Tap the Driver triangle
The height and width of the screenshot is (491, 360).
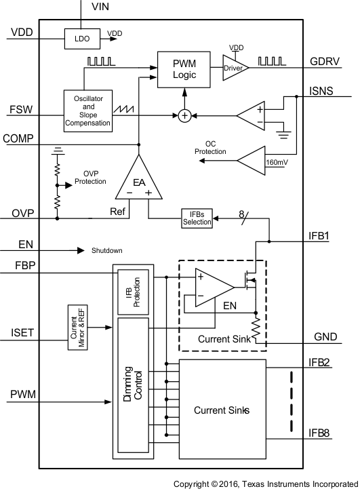(x=234, y=68)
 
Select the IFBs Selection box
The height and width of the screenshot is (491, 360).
(x=197, y=218)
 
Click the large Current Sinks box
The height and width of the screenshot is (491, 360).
(x=223, y=410)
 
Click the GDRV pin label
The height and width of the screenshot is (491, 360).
(x=325, y=60)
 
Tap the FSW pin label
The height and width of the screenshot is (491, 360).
(x=20, y=109)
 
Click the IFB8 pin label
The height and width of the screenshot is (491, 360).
(x=319, y=432)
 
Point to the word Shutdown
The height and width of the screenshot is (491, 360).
(x=107, y=250)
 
